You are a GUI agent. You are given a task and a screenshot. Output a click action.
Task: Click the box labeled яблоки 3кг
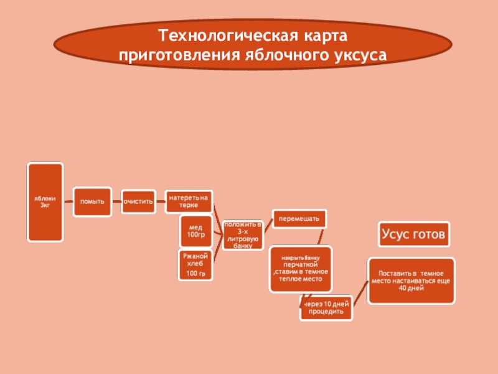coord(45,202)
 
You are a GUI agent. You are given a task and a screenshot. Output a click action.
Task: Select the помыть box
coord(92,202)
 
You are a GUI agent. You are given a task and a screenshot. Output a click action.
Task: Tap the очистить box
coord(138,202)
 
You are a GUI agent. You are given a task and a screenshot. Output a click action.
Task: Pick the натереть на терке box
coord(189,201)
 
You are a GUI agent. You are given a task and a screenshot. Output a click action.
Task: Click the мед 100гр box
coord(196,231)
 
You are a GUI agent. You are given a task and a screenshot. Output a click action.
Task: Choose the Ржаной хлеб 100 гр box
coord(196,264)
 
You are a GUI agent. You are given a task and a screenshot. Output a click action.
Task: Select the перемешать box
coord(299,219)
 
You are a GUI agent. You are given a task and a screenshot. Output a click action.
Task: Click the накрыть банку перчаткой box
coord(301,269)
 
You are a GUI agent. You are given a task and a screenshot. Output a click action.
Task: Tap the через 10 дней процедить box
coord(325,307)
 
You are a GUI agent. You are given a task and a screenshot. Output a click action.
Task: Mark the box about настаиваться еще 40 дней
coord(411,280)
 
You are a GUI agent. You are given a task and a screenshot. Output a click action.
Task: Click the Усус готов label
coord(413,235)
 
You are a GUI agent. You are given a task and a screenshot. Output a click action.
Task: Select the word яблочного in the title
coord(278,55)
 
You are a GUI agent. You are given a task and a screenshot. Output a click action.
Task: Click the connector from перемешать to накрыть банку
coord(321,237)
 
